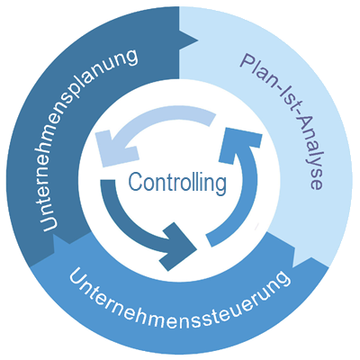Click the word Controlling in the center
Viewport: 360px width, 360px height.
(x=176, y=184)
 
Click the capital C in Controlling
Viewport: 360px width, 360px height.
(x=135, y=184)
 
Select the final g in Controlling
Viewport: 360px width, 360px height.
(x=220, y=186)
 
